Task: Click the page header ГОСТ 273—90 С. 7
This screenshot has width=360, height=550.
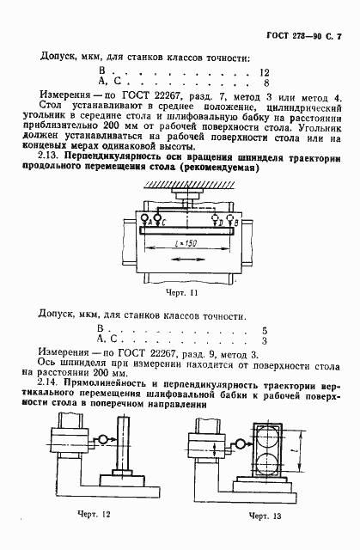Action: [306, 39]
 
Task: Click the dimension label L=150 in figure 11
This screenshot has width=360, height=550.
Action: [182, 245]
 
